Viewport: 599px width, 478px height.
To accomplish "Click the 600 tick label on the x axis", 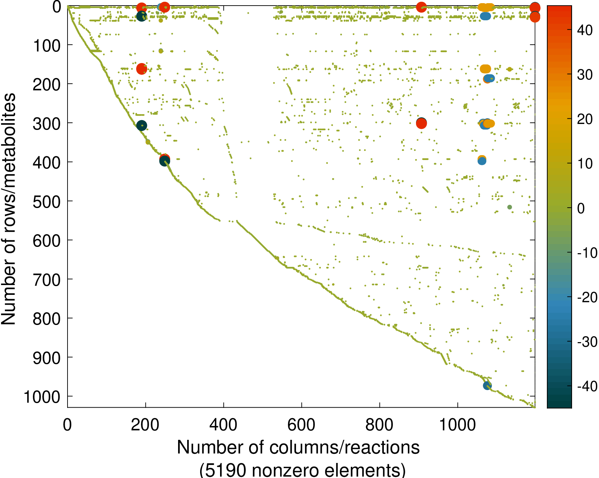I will (301, 424).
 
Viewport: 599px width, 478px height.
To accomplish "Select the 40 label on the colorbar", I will (585, 30).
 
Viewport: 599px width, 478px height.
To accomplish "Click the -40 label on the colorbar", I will (587, 386).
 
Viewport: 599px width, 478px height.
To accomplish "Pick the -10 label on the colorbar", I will (587, 253).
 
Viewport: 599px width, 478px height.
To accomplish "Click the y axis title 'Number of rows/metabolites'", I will (9, 209).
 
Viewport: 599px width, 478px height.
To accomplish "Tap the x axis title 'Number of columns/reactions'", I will (298, 448).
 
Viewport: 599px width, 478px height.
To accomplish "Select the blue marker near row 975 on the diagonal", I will (487, 386).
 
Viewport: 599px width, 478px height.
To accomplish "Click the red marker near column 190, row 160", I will (141, 69).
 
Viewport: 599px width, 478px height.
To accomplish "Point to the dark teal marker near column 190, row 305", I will (141, 126).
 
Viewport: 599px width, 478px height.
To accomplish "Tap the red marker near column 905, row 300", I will (421, 123).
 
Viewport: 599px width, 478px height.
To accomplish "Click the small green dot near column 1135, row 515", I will (509, 207).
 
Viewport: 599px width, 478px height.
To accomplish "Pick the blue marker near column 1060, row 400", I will (482, 161).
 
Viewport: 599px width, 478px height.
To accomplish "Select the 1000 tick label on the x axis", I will (457, 424).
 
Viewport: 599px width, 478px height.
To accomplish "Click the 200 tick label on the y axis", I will (47, 84).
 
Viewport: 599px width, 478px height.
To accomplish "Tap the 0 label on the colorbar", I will (581, 208).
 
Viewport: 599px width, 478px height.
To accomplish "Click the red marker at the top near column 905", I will (421, 7).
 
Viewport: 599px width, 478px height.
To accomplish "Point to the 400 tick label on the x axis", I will (223, 424).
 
